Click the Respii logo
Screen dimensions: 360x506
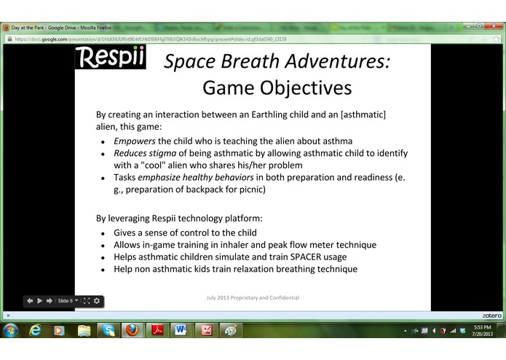[x=110, y=57]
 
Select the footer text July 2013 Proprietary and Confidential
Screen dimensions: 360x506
[x=252, y=297]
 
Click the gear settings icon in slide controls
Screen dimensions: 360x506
[x=97, y=300]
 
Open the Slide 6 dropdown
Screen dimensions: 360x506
[x=68, y=300]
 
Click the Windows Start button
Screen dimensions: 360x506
[x=11, y=330]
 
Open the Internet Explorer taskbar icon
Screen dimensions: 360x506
[x=35, y=330]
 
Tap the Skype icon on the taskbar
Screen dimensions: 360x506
[x=108, y=330]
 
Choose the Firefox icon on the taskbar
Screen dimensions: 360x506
[x=132, y=330]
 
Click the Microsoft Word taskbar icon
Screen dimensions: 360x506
[x=181, y=330]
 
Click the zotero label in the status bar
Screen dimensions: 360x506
[x=491, y=316]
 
